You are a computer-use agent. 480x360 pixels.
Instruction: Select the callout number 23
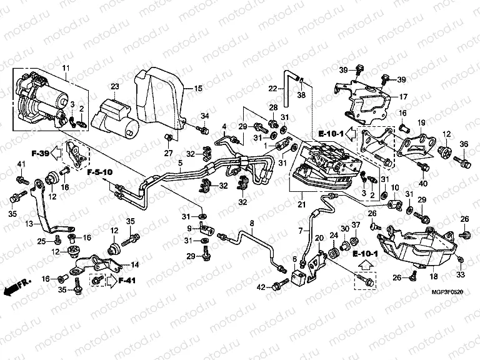114,86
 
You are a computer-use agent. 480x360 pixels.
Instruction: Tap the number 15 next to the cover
198,89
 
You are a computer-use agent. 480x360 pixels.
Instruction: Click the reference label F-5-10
99,171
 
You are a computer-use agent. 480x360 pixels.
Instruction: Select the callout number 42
260,286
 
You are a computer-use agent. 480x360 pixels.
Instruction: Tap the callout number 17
403,97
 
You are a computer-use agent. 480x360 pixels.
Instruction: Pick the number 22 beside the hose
272,88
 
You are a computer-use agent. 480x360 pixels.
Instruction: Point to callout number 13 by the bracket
29,223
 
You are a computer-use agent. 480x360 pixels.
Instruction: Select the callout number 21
302,204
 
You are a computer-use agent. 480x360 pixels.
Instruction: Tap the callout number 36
464,145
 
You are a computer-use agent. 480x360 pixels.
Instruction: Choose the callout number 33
461,275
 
